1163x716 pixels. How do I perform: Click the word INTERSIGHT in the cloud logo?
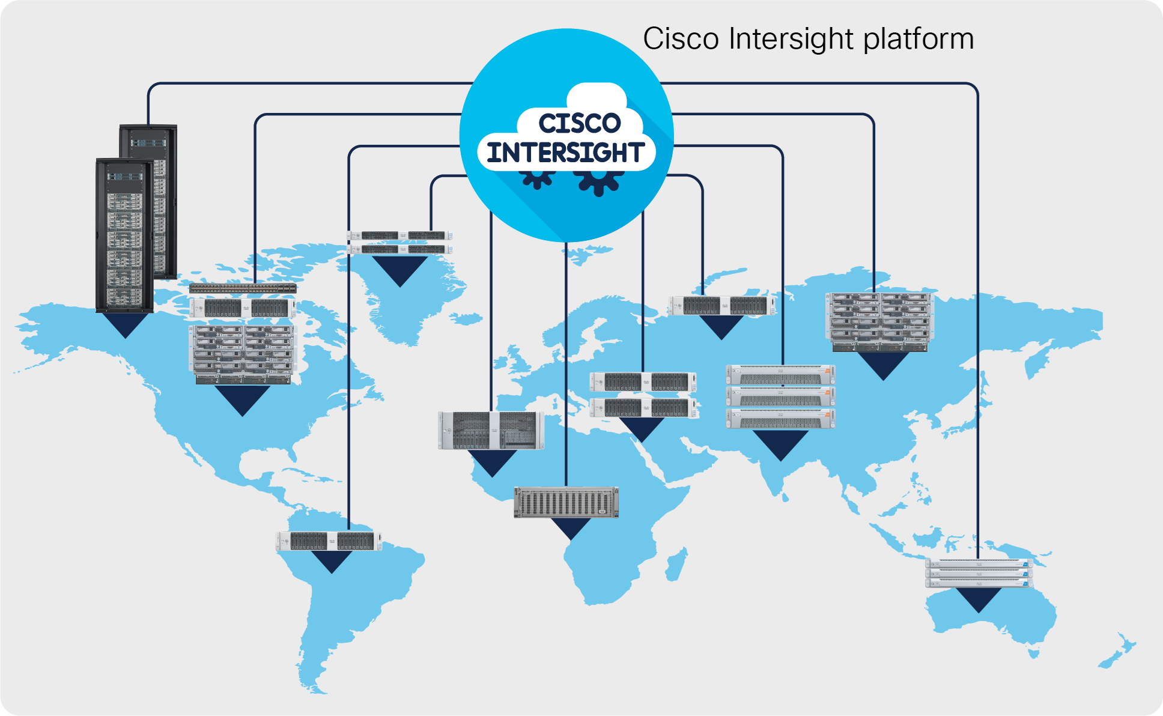[566, 153]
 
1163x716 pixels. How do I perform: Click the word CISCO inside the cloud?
[579, 123]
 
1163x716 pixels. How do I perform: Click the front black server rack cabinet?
[124, 235]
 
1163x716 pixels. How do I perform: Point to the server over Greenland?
[400, 242]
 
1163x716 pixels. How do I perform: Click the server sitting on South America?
[329, 541]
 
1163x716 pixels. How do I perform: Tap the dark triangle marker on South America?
[332, 561]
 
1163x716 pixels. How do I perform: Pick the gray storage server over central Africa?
[566, 502]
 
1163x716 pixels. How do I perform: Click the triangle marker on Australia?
[979, 599]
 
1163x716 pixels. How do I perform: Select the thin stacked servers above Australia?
[979, 573]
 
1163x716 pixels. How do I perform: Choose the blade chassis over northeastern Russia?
[879, 322]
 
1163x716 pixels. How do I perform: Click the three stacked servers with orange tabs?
[780, 396]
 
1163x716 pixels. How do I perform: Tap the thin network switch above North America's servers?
[243, 288]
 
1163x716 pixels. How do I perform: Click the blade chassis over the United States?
[243, 354]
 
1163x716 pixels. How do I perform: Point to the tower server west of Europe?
[491, 430]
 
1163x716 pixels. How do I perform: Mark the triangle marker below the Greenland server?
[400, 270]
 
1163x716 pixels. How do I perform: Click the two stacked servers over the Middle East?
[643, 395]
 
